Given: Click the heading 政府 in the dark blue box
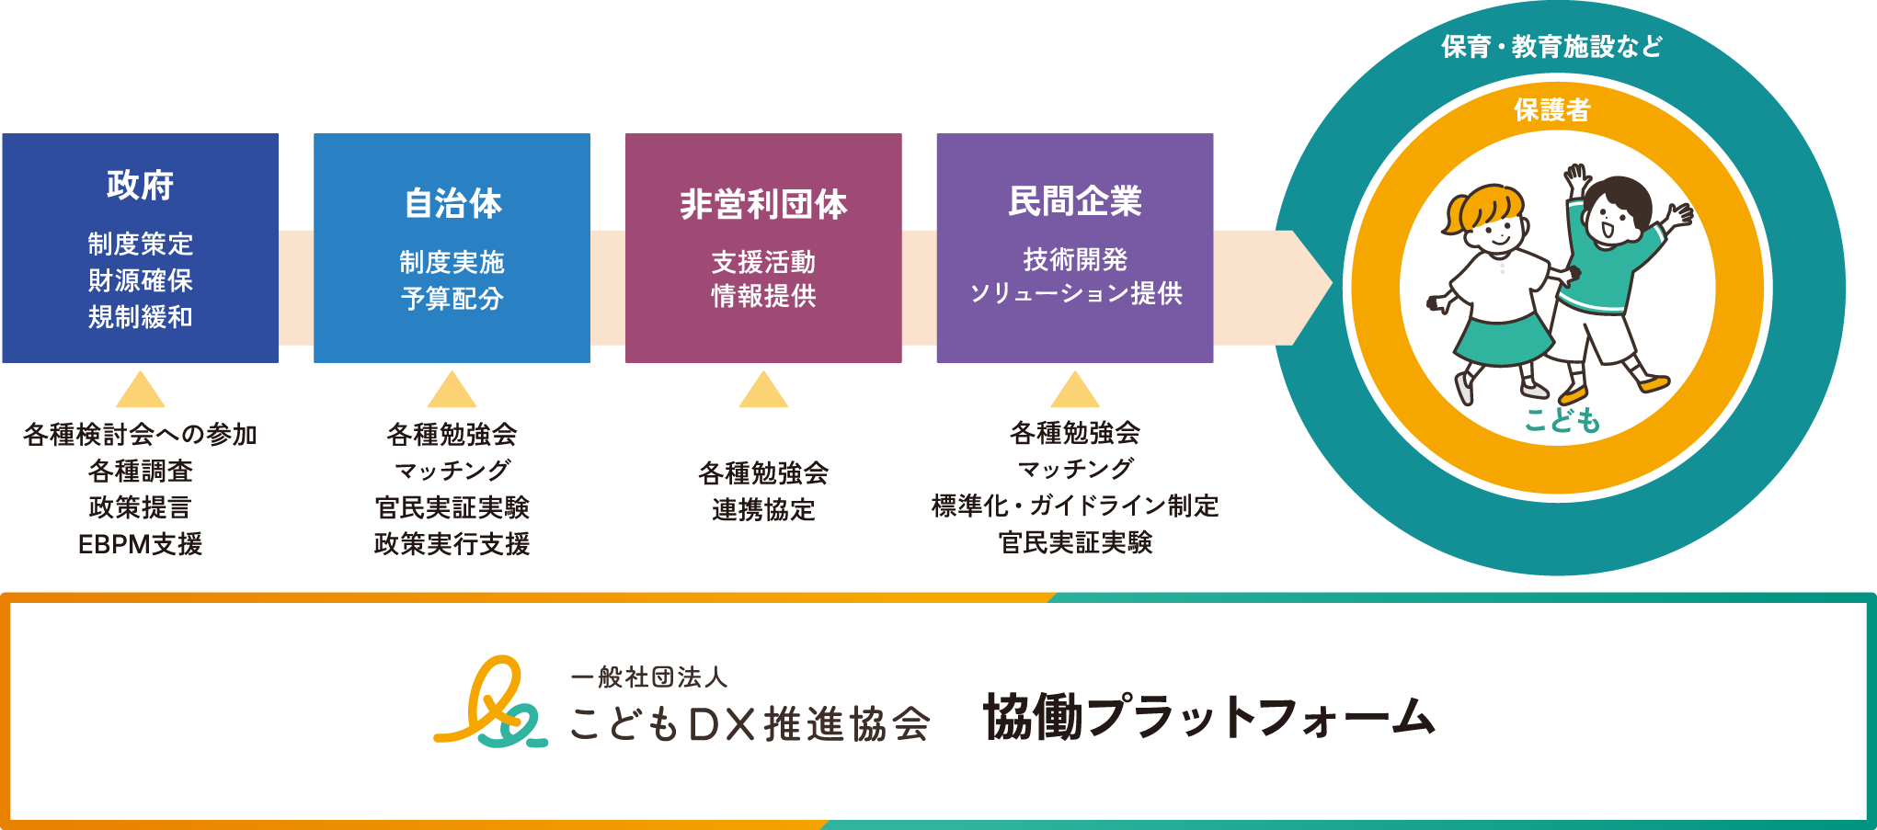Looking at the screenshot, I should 140,185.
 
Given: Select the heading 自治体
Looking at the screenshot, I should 452,203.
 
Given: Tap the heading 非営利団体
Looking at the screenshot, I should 763,204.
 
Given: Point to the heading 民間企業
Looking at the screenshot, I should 1075,201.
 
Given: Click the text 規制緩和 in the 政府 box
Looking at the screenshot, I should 140,317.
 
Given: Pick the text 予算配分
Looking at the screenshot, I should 452,299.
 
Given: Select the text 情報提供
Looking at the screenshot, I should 763,296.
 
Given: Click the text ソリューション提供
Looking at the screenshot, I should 1075,293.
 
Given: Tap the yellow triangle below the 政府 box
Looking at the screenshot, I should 141,392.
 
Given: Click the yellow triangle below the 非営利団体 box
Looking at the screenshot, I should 763,392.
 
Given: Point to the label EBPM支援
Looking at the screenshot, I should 140,544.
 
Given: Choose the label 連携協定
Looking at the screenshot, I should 763,509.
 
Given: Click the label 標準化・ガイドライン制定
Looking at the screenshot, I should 1075,506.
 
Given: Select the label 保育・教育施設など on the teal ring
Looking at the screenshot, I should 1551,46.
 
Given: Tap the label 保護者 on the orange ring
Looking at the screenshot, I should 1551,110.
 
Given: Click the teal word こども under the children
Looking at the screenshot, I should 1562,421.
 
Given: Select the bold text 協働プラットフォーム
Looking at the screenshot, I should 1208,717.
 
